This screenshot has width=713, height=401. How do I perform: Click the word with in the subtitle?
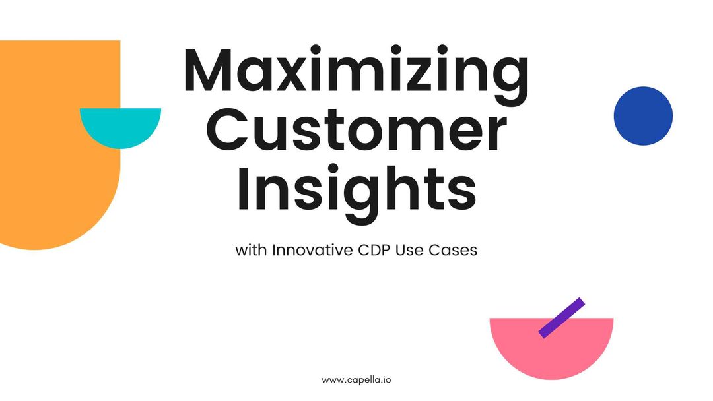click(x=249, y=251)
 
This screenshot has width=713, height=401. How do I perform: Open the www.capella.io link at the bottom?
click(x=356, y=380)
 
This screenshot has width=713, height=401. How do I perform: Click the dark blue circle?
click(x=643, y=116)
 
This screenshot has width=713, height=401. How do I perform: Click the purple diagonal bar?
click(x=561, y=318)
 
